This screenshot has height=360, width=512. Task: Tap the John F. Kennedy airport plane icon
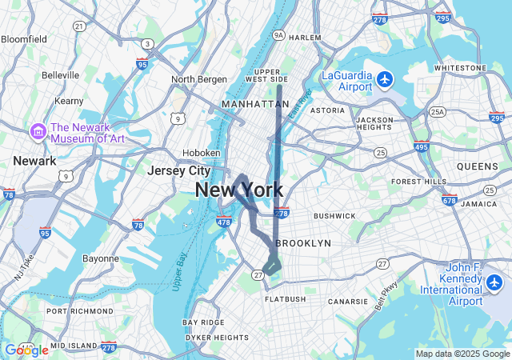(494, 282)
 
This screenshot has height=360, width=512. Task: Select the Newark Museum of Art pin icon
(37, 130)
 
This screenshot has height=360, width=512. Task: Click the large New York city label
(238, 190)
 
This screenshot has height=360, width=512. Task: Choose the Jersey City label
(178, 170)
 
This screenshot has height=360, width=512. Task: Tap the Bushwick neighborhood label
(334, 216)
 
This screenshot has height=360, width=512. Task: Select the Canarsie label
(348, 302)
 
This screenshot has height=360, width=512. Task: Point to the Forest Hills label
(419, 182)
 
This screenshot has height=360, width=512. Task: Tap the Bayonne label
(101, 259)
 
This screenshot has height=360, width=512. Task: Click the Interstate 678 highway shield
(449, 201)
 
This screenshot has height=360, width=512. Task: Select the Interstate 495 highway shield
(421, 146)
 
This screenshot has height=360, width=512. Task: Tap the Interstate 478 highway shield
(224, 222)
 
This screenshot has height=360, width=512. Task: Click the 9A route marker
(278, 35)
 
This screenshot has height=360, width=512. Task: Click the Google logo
(26, 350)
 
